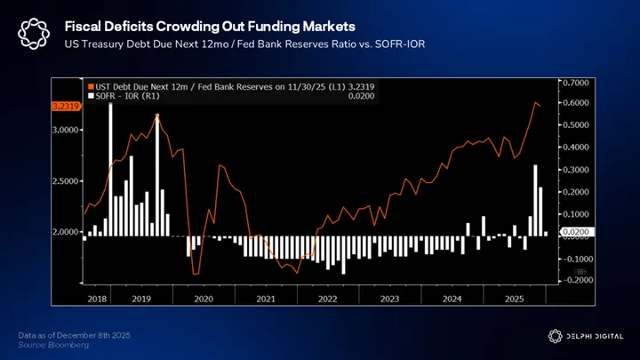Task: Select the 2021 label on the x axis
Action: (x=266, y=300)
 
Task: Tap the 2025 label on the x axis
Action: (x=513, y=300)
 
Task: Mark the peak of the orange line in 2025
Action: (x=536, y=103)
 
